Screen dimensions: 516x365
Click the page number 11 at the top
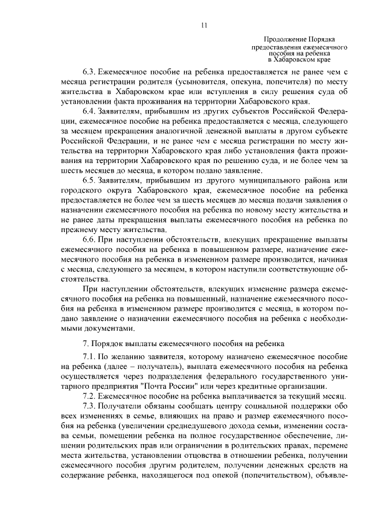204,25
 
